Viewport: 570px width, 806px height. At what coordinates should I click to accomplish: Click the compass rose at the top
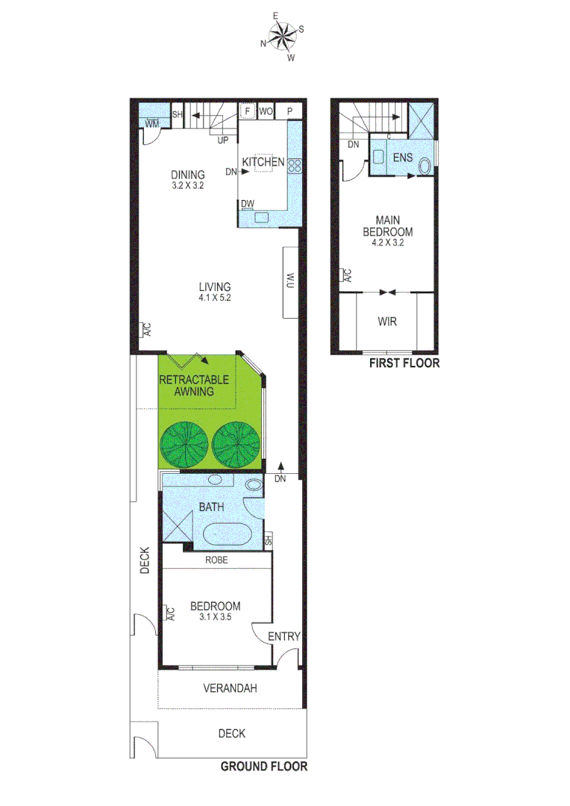point(282,36)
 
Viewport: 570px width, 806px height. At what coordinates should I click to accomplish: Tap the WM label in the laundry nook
point(151,123)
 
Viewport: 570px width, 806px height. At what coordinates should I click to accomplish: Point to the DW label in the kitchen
point(248,203)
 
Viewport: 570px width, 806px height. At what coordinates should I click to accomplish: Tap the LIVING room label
point(214,287)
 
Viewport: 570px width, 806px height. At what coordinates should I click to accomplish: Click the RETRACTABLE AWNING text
point(194,385)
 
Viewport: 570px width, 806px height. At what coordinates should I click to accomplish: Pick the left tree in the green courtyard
point(184,445)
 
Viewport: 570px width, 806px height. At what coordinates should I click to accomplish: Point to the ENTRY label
point(284,637)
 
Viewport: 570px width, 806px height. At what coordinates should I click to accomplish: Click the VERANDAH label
point(230,689)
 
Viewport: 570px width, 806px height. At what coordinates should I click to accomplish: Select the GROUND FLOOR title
point(263,766)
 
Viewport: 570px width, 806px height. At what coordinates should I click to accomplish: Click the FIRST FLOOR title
point(404,363)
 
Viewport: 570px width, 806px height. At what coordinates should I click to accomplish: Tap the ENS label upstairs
point(404,158)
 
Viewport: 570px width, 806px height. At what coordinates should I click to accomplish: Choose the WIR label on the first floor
point(386,322)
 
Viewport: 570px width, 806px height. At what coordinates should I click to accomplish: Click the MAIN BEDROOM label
point(386,226)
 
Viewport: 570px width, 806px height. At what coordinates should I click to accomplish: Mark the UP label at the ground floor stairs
point(222,140)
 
